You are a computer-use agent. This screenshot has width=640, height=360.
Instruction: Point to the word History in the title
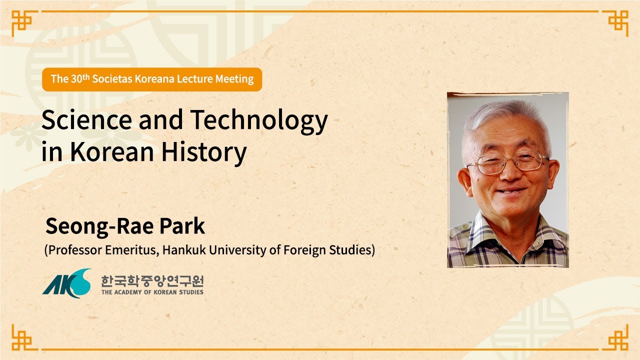coord(203,152)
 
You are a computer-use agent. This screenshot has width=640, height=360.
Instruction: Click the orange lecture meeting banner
coord(152,79)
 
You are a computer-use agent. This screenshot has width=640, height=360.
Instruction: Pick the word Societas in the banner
coord(112,79)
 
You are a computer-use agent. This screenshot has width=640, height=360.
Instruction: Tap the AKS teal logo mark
coord(66,283)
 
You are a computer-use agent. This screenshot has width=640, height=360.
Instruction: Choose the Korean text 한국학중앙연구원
coord(152,280)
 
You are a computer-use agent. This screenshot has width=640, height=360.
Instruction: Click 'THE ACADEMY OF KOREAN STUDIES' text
coord(152,292)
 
